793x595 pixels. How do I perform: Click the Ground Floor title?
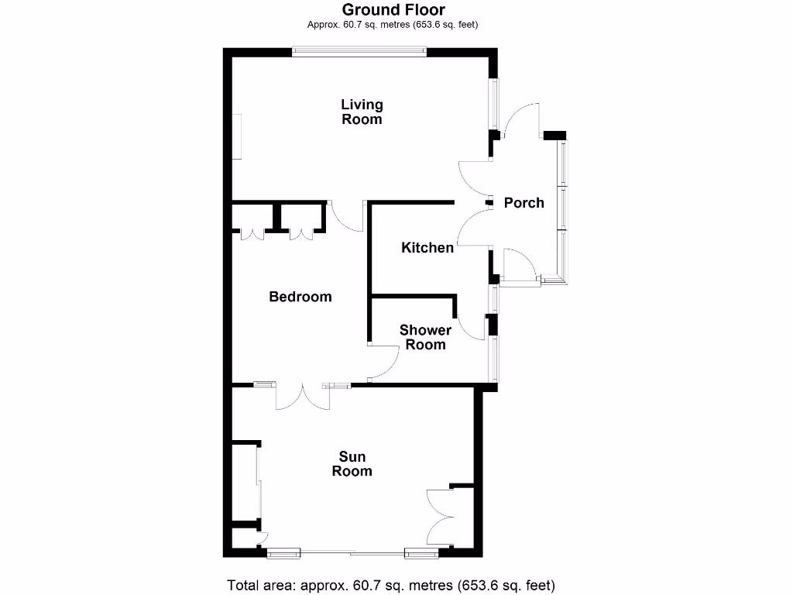click(393, 9)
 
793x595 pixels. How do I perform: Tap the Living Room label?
click(362, 112)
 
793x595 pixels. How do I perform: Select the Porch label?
click(524, 203)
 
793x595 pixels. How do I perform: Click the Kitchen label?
click(427, 248)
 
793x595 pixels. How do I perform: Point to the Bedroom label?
click(300, 297)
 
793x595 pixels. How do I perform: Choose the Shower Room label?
click(425, 338)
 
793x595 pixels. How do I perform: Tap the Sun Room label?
click(352, 464)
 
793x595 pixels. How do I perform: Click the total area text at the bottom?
click(390, 585)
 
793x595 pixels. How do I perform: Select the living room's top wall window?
click(359, 52)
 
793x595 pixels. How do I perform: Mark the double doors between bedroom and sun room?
click(302, 396)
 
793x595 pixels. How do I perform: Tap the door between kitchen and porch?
click(473, 229)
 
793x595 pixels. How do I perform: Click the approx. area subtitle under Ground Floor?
click(393, 25)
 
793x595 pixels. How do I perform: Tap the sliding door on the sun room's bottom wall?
click(352, 552)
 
